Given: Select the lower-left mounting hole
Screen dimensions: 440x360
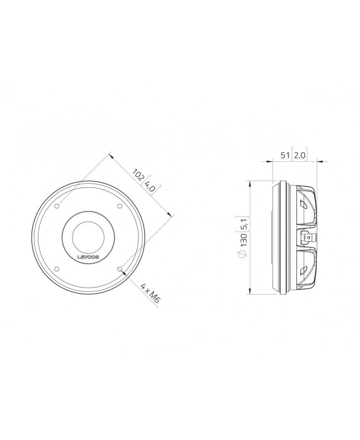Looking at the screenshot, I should pos(57,268).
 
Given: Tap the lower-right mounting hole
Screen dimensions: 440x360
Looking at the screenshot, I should pos(120,268).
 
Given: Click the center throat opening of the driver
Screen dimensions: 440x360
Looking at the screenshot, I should pos(89,237).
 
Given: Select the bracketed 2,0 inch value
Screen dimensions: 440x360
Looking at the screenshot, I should pos(300,156).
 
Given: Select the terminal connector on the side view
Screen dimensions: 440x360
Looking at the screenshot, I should pos(305,238).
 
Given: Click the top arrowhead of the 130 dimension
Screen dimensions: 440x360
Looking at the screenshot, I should pos(251,183).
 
